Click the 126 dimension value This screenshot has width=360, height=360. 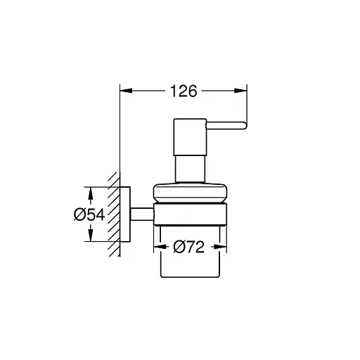184,91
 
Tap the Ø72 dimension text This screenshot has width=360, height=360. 189,247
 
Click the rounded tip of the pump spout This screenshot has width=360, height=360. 243,126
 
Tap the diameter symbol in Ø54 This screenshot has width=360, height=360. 80,214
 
